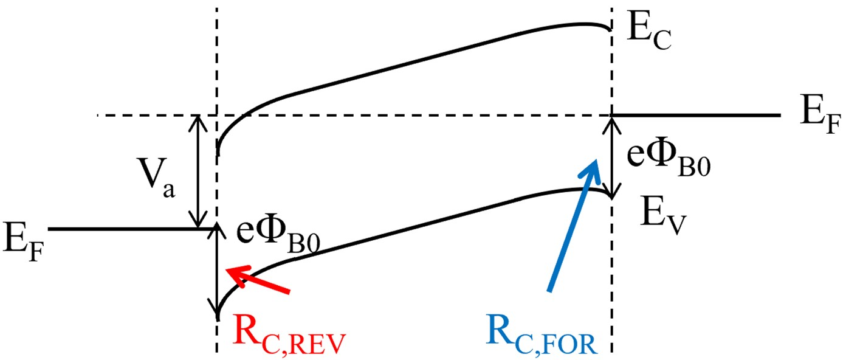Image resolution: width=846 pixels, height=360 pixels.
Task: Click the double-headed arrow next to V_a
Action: [x=196, y=171]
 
